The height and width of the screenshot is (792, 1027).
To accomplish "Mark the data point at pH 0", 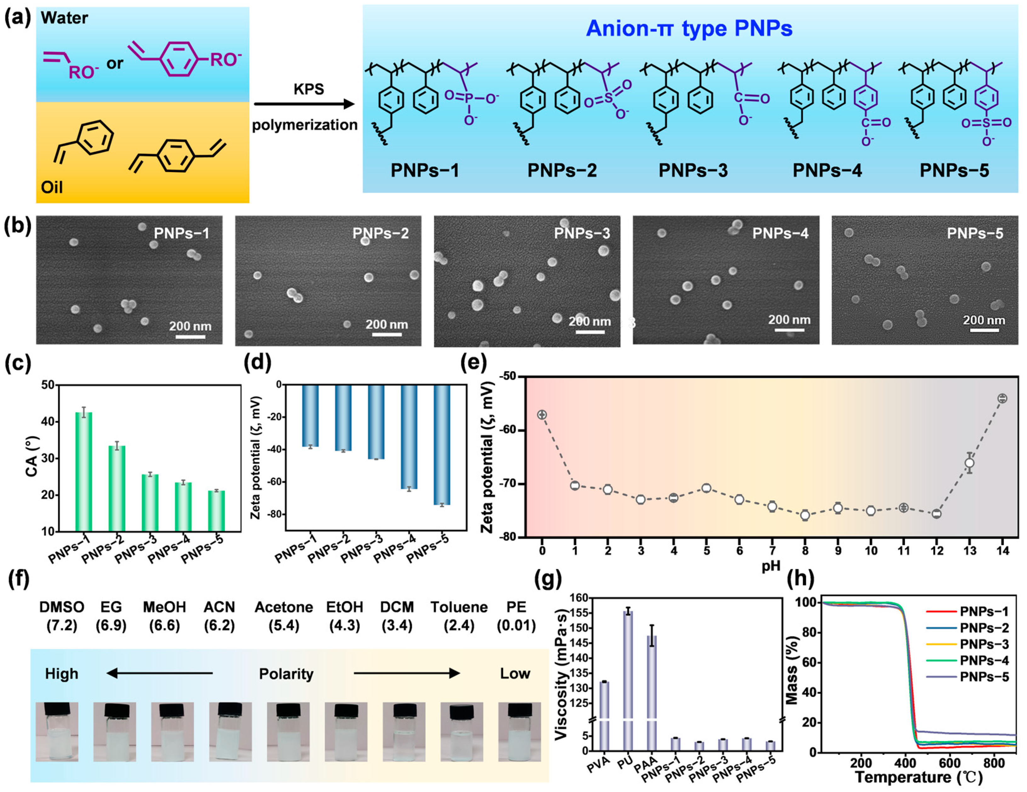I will (542, 415).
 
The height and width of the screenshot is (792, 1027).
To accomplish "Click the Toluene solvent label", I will (459, 607).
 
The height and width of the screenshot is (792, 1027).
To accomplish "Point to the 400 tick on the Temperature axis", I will (905, 763).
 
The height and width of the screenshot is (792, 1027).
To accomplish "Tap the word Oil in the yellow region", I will (52, 187).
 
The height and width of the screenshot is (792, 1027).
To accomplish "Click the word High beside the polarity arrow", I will (62, 674).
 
